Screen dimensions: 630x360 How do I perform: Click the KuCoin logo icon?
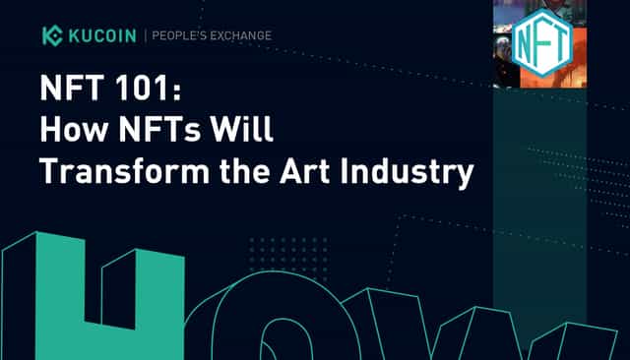pos(52,35)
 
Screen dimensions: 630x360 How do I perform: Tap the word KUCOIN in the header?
pos(102,35)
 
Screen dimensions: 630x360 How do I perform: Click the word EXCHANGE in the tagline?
pos(241,35)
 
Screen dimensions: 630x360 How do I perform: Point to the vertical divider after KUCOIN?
pos(145,35)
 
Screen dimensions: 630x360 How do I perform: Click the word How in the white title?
pos(75,129)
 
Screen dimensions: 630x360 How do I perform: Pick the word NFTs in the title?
pos(159,129)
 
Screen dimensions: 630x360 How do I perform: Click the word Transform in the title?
pos(125,171)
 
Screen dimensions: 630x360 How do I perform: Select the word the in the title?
pos(245,171)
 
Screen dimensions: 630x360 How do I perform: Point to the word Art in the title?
pos(305,171)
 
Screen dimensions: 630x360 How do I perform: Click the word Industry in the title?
pos(407,173)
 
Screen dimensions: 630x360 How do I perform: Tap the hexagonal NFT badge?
pos(542,43)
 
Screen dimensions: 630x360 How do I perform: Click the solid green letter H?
pos(94,296)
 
